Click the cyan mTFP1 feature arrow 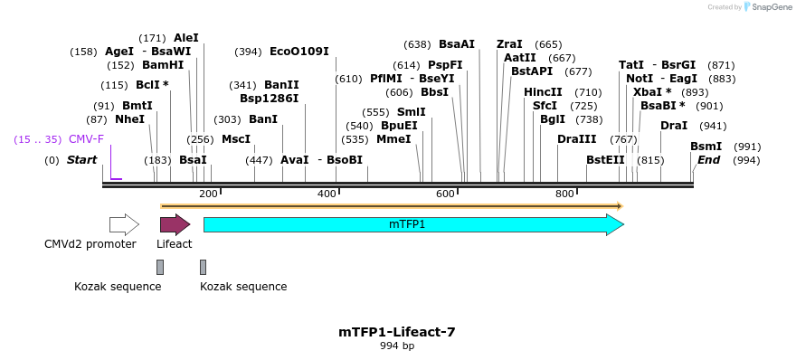[412, 224]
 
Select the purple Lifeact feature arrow [175, 224]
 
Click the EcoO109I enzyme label [298, 52]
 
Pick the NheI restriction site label [129, 119]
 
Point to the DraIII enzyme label [577, 139]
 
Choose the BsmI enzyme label [706, 147]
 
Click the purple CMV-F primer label [86, 139]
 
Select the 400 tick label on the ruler [327, 194]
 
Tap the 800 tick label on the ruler [564, 194]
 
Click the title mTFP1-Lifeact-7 [397, 332]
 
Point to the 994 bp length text [397, 346]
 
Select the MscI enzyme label [236, 139]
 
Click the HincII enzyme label [543, 92]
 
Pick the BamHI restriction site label [163, 65]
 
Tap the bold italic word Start [81, 160]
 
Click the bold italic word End [709, 160]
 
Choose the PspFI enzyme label [445, 65]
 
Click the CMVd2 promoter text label [90, 244]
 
